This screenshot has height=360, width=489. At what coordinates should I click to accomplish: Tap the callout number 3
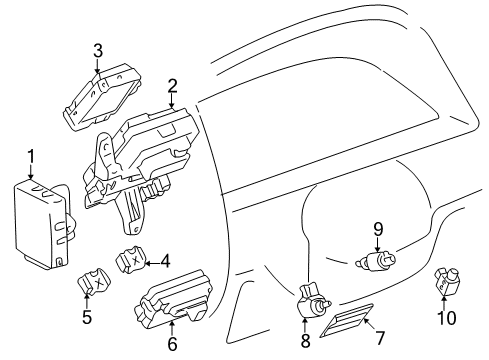(x=97, y=50)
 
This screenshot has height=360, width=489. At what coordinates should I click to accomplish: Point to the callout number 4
(x=164, y=263)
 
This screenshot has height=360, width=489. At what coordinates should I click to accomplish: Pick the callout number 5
(x=86, y=318)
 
